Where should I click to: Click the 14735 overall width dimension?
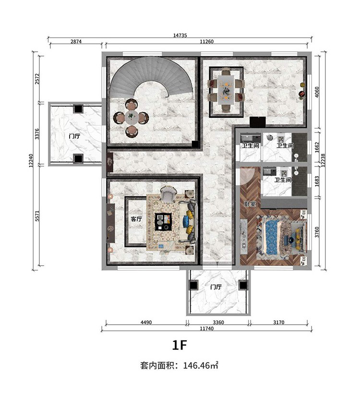pos(180,35)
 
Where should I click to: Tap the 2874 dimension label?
pos(76,41)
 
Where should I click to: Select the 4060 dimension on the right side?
pos(317,92)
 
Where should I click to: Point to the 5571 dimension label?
pos(37,216)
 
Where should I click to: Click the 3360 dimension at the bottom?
pos(218,322)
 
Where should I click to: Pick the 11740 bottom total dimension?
pos(206,329)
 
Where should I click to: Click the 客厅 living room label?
pos(136,219)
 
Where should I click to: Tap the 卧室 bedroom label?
pos(250,204)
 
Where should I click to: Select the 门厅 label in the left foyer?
pos(74,136)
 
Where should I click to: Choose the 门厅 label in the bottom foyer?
pos(216,287)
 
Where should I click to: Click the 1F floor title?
pos(180,345)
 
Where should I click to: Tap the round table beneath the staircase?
pos(131,118)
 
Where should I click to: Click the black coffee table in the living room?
pos(163,222)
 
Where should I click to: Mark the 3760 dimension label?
pos(317,232)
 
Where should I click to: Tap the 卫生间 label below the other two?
pos(283,180)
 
